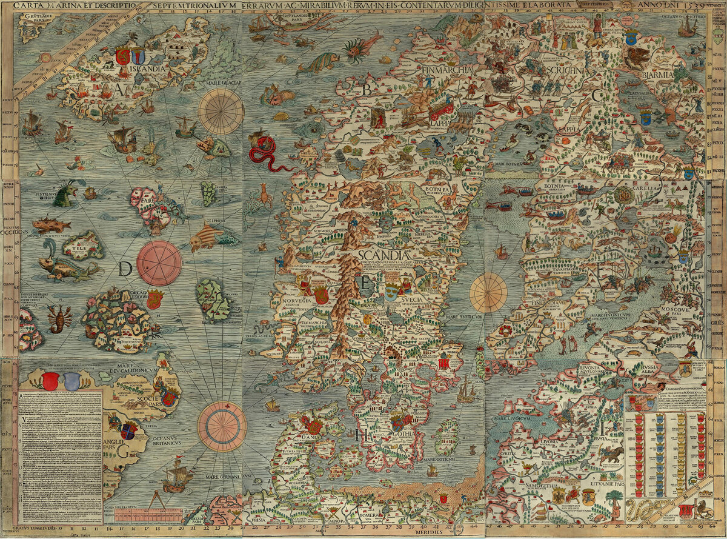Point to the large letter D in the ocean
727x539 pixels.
tap(125, 269)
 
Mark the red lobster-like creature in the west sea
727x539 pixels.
tap(60, 318)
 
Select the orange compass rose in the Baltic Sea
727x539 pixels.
tap(488, 292)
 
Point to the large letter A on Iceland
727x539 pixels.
tap(121, 90)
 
